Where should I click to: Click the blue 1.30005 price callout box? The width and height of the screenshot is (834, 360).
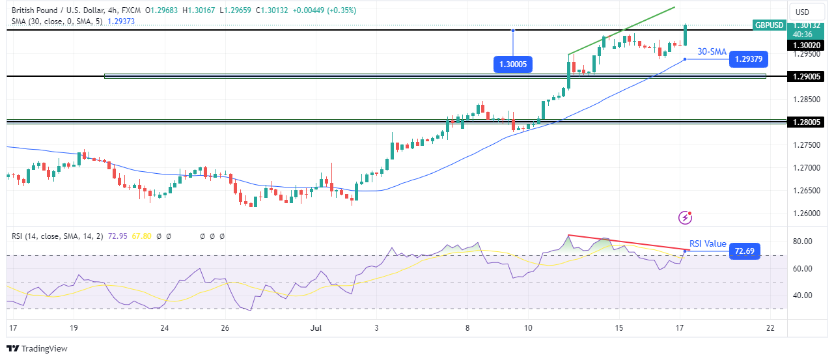pos(514,64)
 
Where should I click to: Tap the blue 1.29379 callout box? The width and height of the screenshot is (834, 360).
pos(749,59)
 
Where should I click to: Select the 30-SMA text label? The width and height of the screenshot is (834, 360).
pos(712,51)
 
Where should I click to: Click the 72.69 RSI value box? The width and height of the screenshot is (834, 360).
pos(744,251)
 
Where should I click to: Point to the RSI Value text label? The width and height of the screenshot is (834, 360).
pos(708,244)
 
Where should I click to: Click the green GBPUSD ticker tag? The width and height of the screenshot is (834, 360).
pos(768,25)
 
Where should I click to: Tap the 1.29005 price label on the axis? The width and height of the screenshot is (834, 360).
pos(807,77)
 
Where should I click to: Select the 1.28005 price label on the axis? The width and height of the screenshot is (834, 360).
pos(807,122)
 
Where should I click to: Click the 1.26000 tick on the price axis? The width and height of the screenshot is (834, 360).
pos(806,213)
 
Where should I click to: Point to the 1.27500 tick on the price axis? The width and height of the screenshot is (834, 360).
pos(806,145)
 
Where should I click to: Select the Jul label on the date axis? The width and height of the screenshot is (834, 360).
pos(314,327)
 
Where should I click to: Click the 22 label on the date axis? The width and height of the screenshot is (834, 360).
pos(770,327)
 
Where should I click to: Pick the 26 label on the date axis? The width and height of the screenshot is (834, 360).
pos(225,327)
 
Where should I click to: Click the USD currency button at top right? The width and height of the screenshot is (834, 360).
pos(802,12)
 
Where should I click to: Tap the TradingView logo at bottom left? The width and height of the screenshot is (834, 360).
pos(37,348)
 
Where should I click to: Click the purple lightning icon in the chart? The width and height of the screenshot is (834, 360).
pos(684,217)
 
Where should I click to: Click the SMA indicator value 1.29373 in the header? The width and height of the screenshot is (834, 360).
pos(122,21)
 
